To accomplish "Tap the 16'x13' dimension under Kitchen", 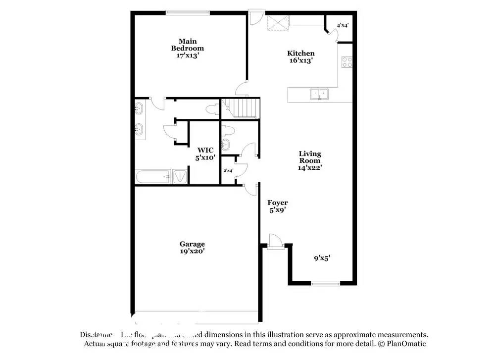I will click(x=300, y=60).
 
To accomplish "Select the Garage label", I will click(x=192, y=244).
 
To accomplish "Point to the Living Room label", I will click(x=310, y=157).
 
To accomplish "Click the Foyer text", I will click(x=278, y=203).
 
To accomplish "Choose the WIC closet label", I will click(x=205, y=150).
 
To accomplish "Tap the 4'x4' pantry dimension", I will click(x=343, y=25).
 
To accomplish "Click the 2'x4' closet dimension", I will click(x=228, y=170).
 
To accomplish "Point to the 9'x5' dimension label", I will click(x=322, y=257).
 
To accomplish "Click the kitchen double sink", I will click(x=319, y=93).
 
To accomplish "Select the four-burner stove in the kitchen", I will click(x=347, y=62).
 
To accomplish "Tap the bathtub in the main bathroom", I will click(x=154, y=176).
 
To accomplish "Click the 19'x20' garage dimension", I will click(x=192, y=251).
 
